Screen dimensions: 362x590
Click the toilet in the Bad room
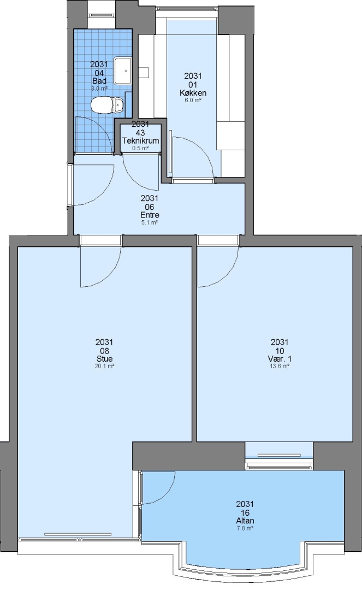(107, 104)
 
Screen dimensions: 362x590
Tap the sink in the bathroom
(122, 70)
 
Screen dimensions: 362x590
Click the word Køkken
(193, 93)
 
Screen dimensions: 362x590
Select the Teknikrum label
(140, 141)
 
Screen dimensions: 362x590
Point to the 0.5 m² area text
(140, 148)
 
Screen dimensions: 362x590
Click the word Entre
(150, 215)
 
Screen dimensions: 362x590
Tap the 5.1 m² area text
(149, 222)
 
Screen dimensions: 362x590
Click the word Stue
(104, 358)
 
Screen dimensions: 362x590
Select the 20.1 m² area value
(104, 366)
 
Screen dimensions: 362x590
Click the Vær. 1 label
(280, 358)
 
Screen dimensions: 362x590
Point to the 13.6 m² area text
(280, 366)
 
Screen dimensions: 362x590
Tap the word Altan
(245, 521)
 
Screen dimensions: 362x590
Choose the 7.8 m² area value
(245, 528)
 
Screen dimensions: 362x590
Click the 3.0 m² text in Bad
(99, 88)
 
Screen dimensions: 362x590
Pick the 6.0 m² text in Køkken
(193, 101)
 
